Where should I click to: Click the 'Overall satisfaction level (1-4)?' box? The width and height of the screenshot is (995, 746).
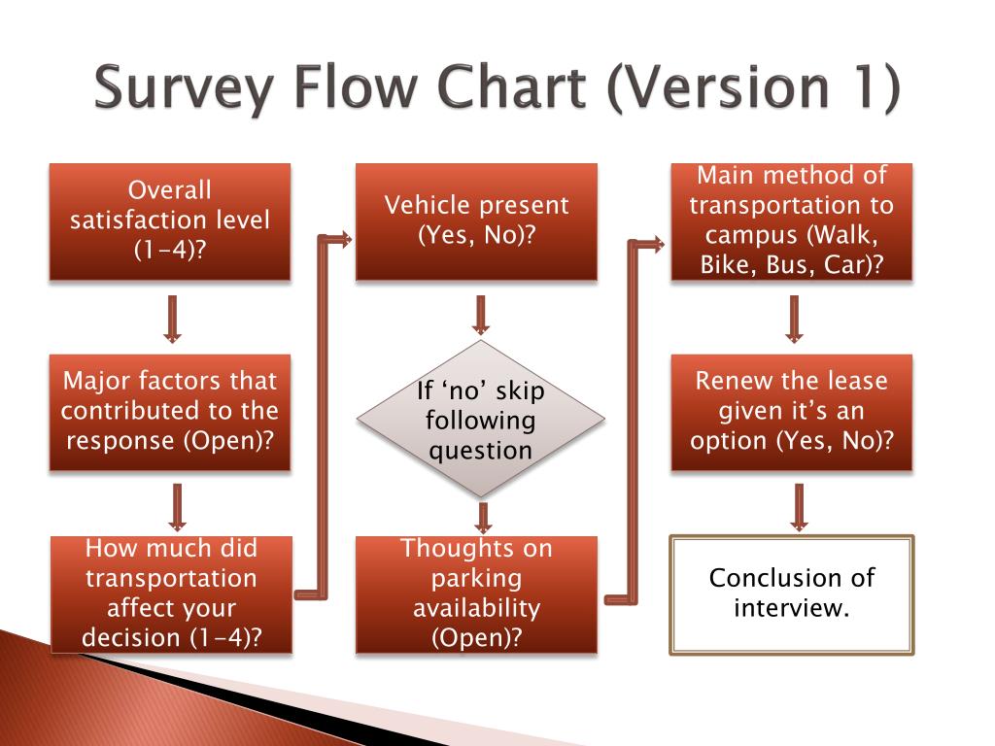[x=170, y=221]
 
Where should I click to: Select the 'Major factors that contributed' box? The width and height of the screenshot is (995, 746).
[x=170, y=412]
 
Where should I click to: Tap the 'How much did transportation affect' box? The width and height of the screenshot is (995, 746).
[x=170, y=593]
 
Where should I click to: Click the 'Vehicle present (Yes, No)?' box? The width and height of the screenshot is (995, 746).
[x=476, y=221]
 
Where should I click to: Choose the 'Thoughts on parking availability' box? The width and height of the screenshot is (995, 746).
[x=476, y=593]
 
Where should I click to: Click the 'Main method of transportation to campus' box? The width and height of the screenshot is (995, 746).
[x=792, y=221]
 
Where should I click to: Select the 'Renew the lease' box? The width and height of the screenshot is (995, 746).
[x=792, y=412]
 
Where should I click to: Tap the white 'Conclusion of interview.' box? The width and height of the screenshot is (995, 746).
[x=792, y=593]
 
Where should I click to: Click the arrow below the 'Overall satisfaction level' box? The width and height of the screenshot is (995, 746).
[x=172, y=318]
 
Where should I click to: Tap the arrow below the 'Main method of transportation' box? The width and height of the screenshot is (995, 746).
[x=795, y=318]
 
